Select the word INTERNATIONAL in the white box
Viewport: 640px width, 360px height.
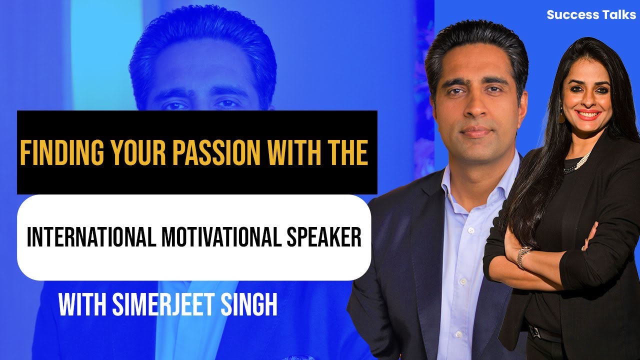click(x=92, y=237)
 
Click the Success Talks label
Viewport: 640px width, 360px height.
click(x=591, y=14)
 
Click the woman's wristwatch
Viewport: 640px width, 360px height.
click(x=523, y=256)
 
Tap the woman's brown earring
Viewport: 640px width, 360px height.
click(x=561, y=117)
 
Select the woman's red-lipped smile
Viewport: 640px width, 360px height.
click(x=588, y=114)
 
